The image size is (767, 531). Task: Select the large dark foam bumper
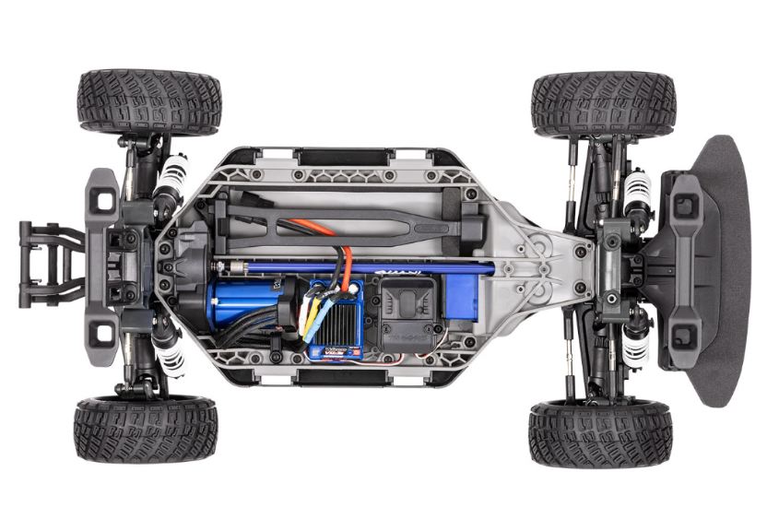click(x=714, y=267)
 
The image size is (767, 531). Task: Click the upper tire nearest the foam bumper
click(x=603, y=103)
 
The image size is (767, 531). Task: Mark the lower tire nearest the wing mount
click(x=146, y=430)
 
